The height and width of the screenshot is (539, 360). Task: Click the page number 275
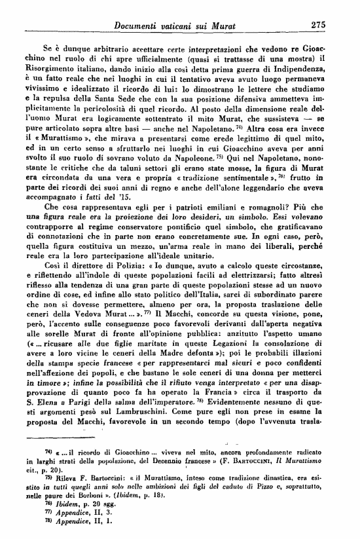(318, 24)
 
